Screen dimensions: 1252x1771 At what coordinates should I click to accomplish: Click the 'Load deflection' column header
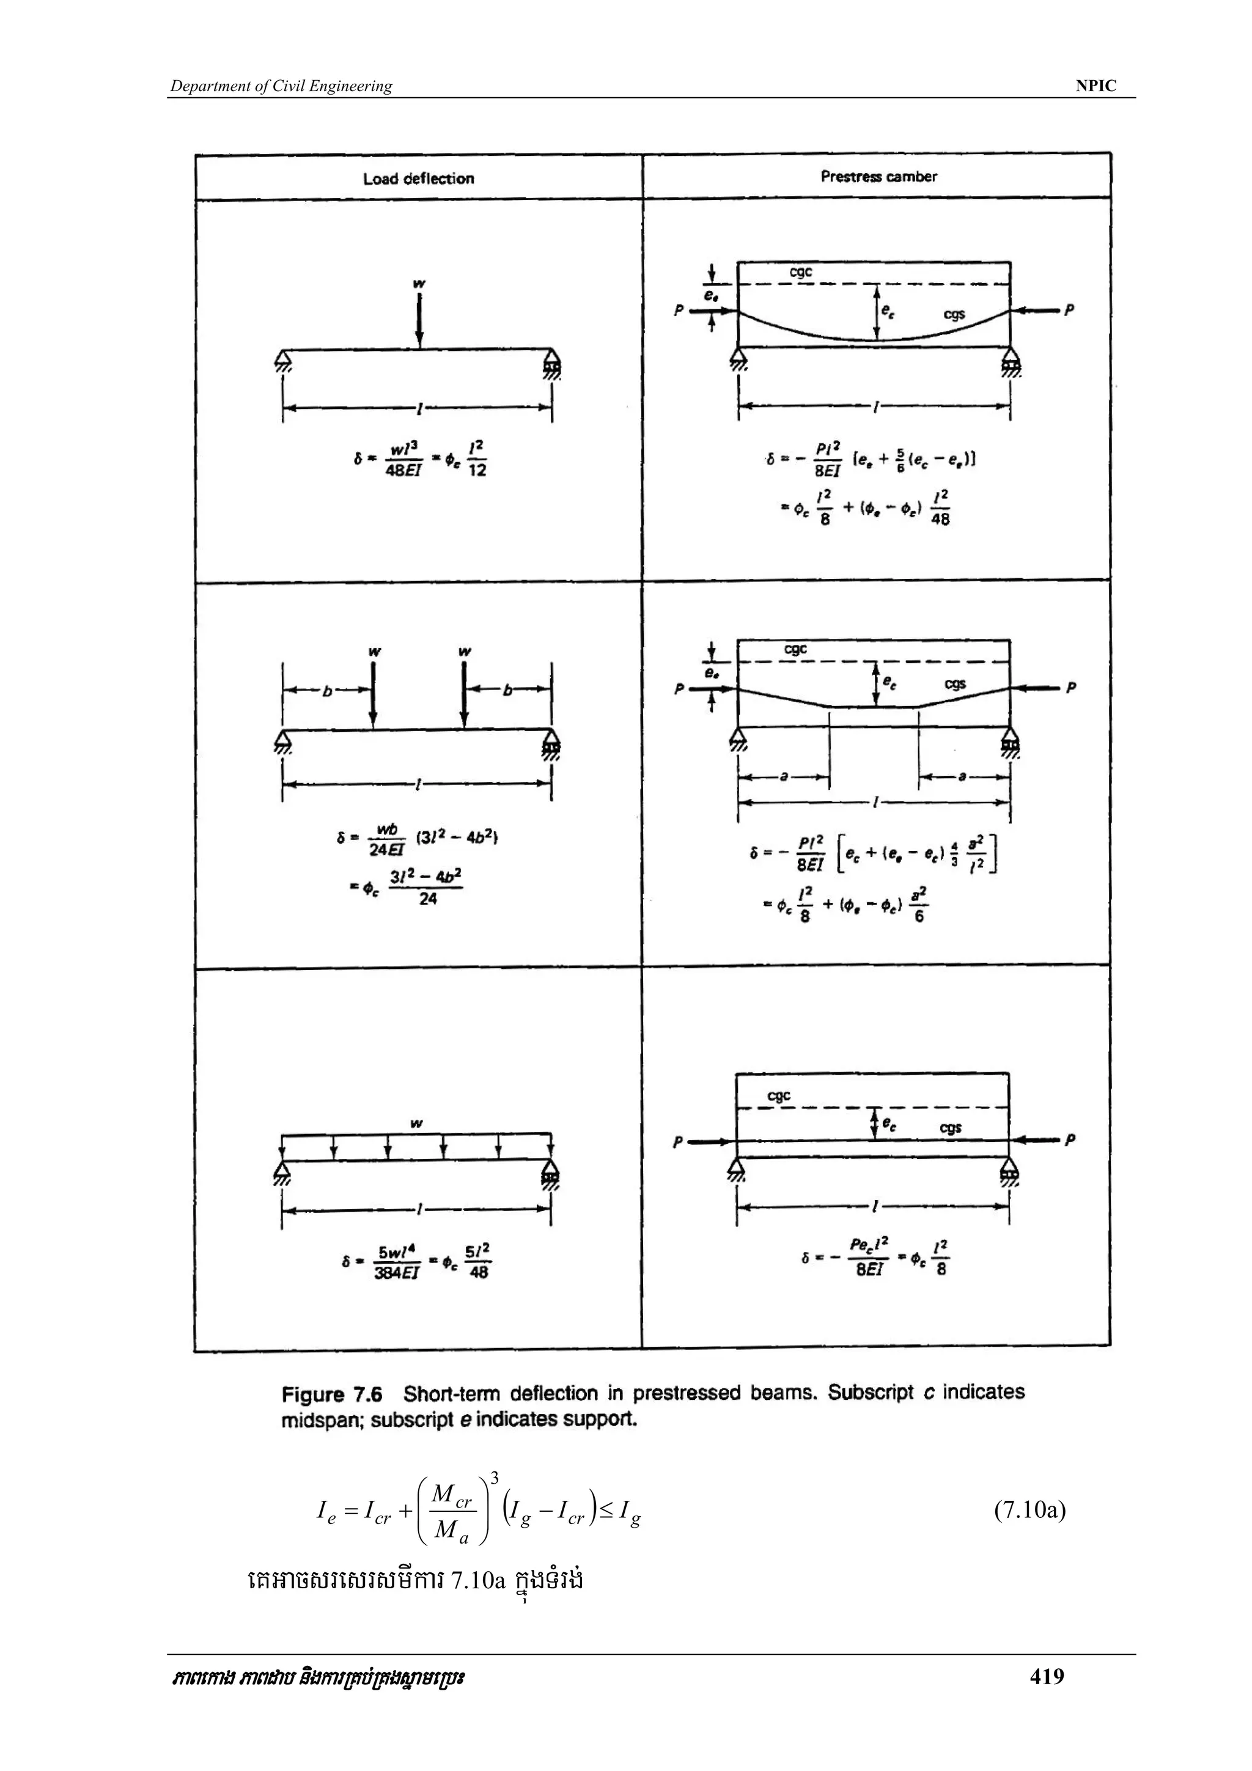coord(418,179)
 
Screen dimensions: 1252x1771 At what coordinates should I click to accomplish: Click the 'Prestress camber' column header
coord(878,177)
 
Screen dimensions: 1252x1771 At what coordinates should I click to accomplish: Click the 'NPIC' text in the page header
coord(1095,86)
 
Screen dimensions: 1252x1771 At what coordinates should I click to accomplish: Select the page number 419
coord(1047,1698)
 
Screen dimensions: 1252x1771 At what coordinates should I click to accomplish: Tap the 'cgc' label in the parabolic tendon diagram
coord(801,272)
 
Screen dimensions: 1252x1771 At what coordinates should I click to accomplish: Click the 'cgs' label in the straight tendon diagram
coord(951,1128)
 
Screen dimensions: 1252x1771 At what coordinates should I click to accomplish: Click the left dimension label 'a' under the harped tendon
coord(784,778)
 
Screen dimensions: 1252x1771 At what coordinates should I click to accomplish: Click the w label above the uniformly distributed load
coord(416,1123)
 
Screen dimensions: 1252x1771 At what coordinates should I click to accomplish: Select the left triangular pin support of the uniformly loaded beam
coord(282,1173)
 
